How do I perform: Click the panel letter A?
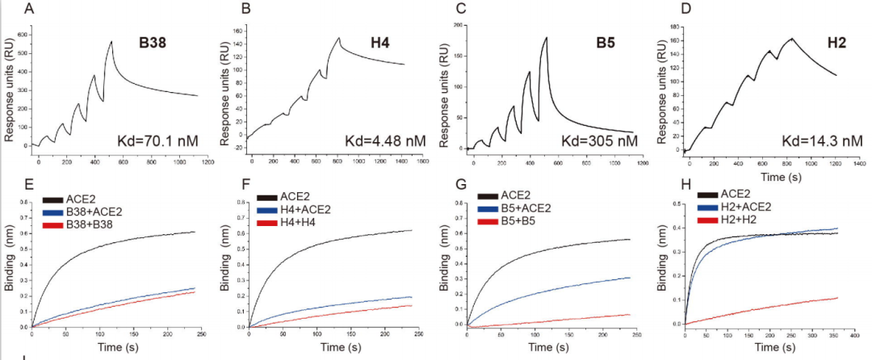click(x=30, y=10)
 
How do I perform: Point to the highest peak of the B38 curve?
click(x=111, y=41)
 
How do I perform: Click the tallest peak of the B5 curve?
click(x=546, y=37)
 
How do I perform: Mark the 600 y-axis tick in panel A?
click(x=23, y=35)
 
